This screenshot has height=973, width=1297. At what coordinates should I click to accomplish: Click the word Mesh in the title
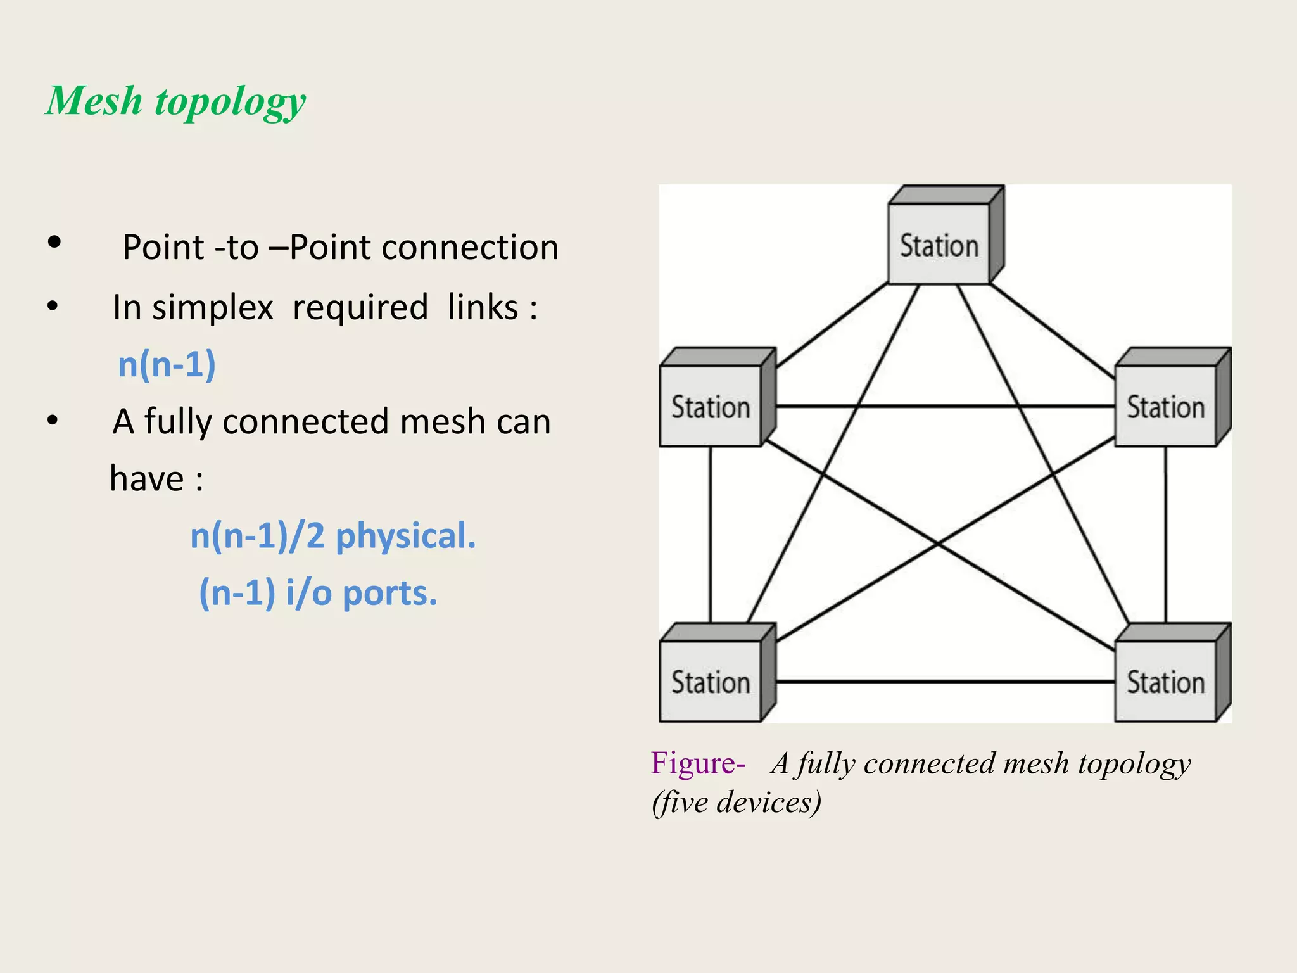95,101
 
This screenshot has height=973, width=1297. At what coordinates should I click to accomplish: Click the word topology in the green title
231,103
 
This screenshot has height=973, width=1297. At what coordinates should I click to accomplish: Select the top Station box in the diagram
939,244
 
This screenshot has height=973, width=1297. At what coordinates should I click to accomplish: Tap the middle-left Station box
711,406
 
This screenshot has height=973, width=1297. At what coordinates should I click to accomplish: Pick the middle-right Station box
1165,406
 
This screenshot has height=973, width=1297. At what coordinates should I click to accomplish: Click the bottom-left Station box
711,682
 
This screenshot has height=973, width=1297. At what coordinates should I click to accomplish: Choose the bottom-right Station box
1165,682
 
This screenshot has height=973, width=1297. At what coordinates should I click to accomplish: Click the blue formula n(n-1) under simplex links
167,365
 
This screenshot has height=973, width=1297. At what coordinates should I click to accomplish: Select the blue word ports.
389,594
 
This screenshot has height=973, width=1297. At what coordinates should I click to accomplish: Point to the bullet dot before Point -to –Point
54,242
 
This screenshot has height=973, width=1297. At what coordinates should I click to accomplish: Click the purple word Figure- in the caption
697,763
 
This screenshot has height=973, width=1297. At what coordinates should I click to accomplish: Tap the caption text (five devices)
737,802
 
